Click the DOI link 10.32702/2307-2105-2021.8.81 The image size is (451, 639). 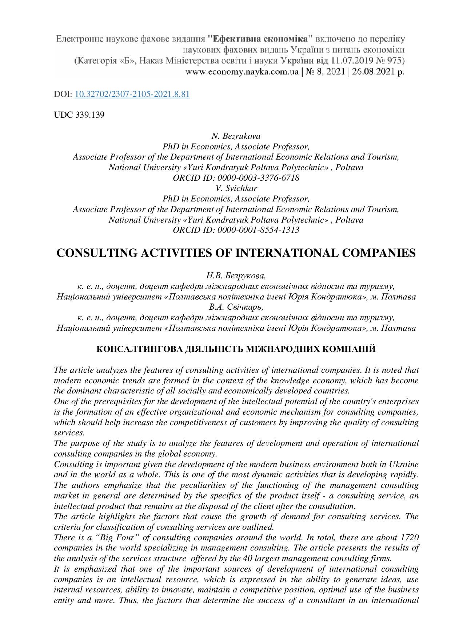[132, 94]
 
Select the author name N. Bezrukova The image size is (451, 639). [236, 136]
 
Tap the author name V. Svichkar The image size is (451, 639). [236, 188]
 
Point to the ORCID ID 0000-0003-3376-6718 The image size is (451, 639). [258, 178]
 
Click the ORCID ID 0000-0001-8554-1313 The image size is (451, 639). [258, 230]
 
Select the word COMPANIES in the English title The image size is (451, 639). [379, 253]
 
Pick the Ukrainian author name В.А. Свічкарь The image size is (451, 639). [236, 307]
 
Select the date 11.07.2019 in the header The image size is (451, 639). [351, 60]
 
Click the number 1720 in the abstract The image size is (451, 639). [410, 538]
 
